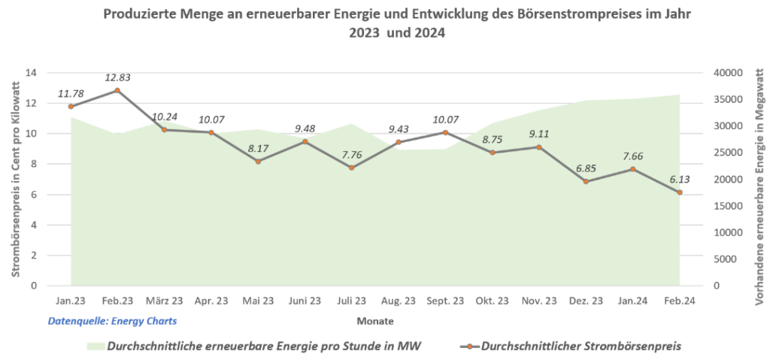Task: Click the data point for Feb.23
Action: click(x=117, y=90)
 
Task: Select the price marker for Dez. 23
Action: click(x=586, y=181)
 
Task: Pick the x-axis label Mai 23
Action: click(x=258, y=301)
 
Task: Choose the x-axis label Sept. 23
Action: click(x=445, y=301)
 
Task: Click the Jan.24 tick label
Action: click(x=632, y=301)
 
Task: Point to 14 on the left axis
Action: click(x=31, y=73)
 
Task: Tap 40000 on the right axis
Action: click(x=727, y=73)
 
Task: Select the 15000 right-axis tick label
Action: click(x=727, y=206)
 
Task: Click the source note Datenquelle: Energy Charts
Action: click(x=112, y=321)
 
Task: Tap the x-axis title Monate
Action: click(x=375, y=321)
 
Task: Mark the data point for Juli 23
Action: click(x=351, y=168)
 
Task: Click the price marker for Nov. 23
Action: click(x=539, y=147)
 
